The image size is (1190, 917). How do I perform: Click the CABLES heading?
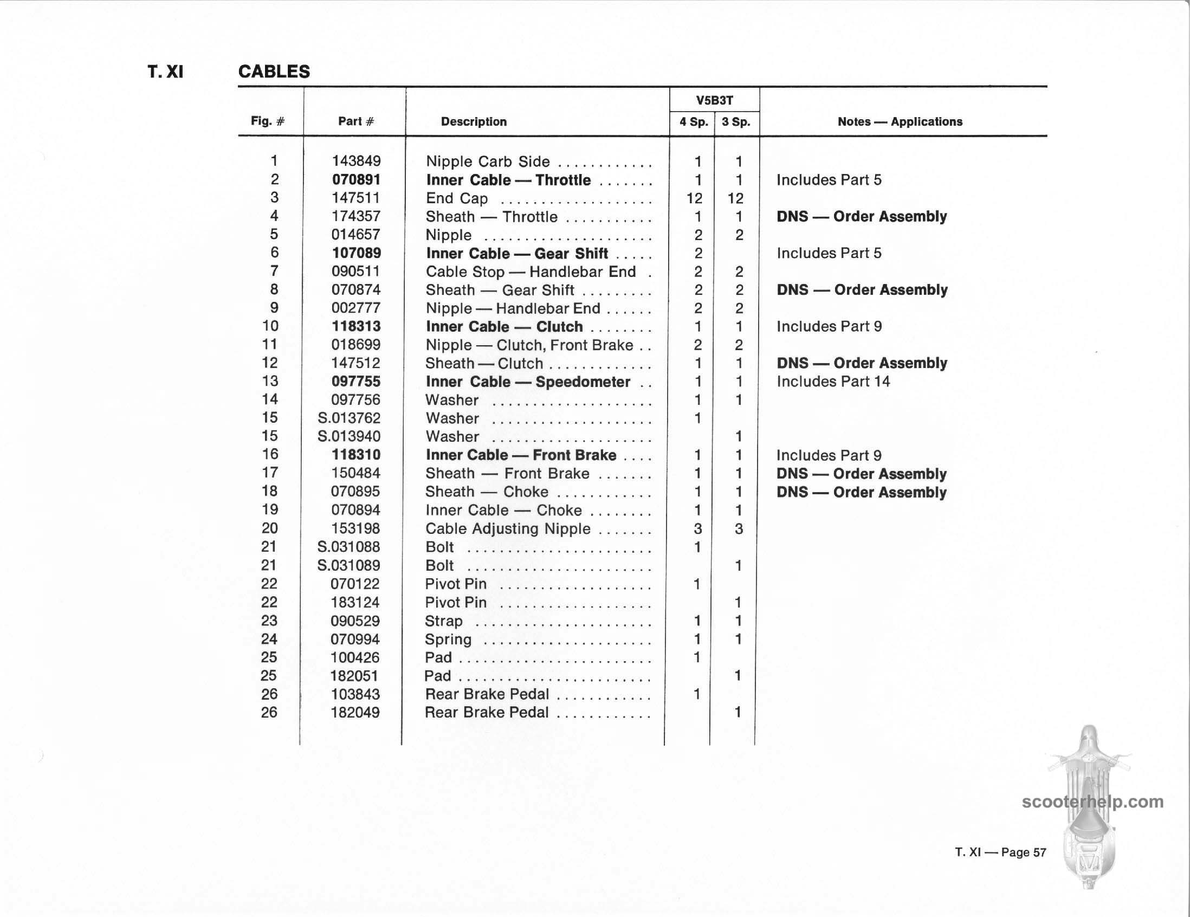coord(274,72)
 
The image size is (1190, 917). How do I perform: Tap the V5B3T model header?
coord(714,100)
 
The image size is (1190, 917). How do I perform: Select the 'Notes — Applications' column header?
coord(900,121)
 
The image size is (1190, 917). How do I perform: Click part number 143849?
coord(356,162)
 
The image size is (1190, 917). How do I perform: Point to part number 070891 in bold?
coord(356,180)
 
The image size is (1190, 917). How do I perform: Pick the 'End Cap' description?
coord(457,198)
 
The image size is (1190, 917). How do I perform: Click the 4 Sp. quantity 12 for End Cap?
coord(694,198)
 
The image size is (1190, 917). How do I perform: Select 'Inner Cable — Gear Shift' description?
coord(516,253)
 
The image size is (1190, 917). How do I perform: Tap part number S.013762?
coord(349,418)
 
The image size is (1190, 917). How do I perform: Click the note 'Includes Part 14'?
coord(832,382)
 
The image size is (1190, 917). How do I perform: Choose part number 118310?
coord(356,455)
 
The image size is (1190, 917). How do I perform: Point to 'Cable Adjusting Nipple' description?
coord(507,528)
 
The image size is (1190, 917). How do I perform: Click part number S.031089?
coord(349,566)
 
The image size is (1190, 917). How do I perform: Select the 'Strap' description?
coord(443,621)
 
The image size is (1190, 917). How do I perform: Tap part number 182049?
coord(355,712)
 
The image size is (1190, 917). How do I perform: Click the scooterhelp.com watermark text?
coord(1092,802)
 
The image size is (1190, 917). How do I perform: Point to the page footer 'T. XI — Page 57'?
coord(1000,852)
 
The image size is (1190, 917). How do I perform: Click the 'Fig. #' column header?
coord(268,121)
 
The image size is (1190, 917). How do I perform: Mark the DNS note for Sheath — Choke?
coord(861,492)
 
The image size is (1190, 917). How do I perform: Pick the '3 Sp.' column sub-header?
coord(735,121)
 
